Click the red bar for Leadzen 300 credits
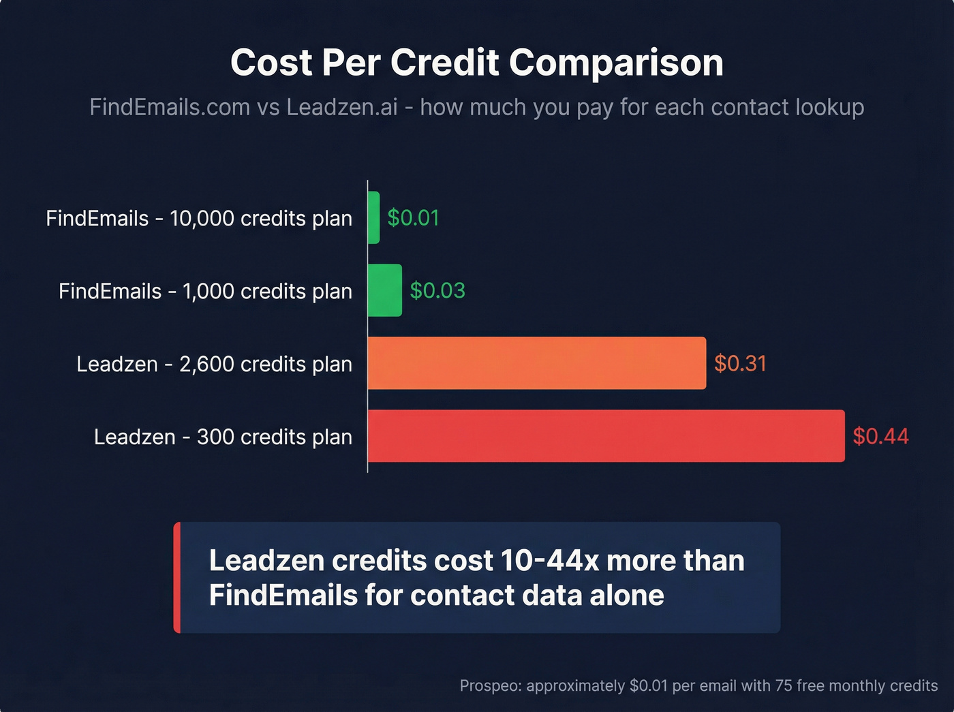pyautogui.click(x=606, y=436)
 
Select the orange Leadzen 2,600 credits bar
pyautogui.click(x=537, y=363)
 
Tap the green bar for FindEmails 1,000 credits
pyautogui.click(x=384, y=290)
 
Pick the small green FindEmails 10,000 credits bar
pyautogui.click(x=373, y=217)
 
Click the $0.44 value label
pyautogui.click(x=880, y=436)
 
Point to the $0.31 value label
pyautogui.click(x=740, y=363)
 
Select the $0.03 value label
pyautogui.click(x=437, y=290)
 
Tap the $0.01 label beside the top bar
pyautogui.click(x=413, y=217)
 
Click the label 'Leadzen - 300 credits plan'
pyautogui.click(x=223, y=437)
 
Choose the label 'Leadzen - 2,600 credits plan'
pyautogui.click(x=214, y=364)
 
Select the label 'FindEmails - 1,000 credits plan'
pyautogui.click(x=205, y=291)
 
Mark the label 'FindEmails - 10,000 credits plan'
pyautogui.click(x=199, y=218)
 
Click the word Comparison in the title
pyautogui.click(x=616, y=63)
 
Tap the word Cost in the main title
pyautogui.click(x=271, y=63)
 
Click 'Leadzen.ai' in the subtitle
pyautogui.click(x=341, y=107)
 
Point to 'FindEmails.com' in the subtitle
pyautogui.click(x=170, y=107)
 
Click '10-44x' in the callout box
pyautogui.click(x=549, y=561)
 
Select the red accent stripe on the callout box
pyautogui.click(x=177, y=578)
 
